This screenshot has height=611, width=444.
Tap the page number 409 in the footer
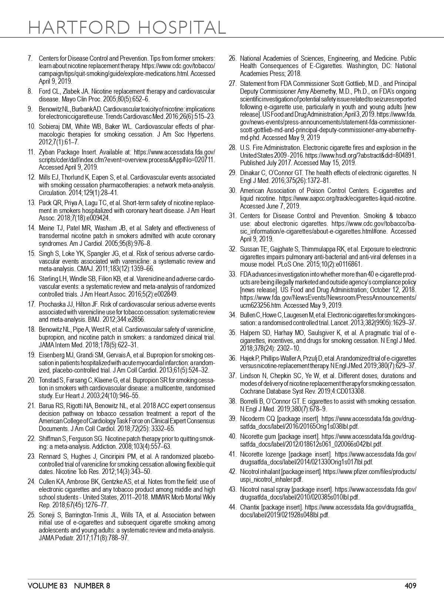pos(410,585)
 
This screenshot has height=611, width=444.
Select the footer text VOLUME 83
pos(48,585)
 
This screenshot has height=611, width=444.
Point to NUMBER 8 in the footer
pos(92,585)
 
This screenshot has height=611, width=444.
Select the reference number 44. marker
pos(232,507)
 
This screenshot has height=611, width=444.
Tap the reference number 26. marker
pos(232,59)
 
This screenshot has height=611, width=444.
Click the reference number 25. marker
pos(31,515)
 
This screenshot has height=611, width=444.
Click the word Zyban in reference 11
pos(46,152)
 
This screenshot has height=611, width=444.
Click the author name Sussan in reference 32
pos(249,249)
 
